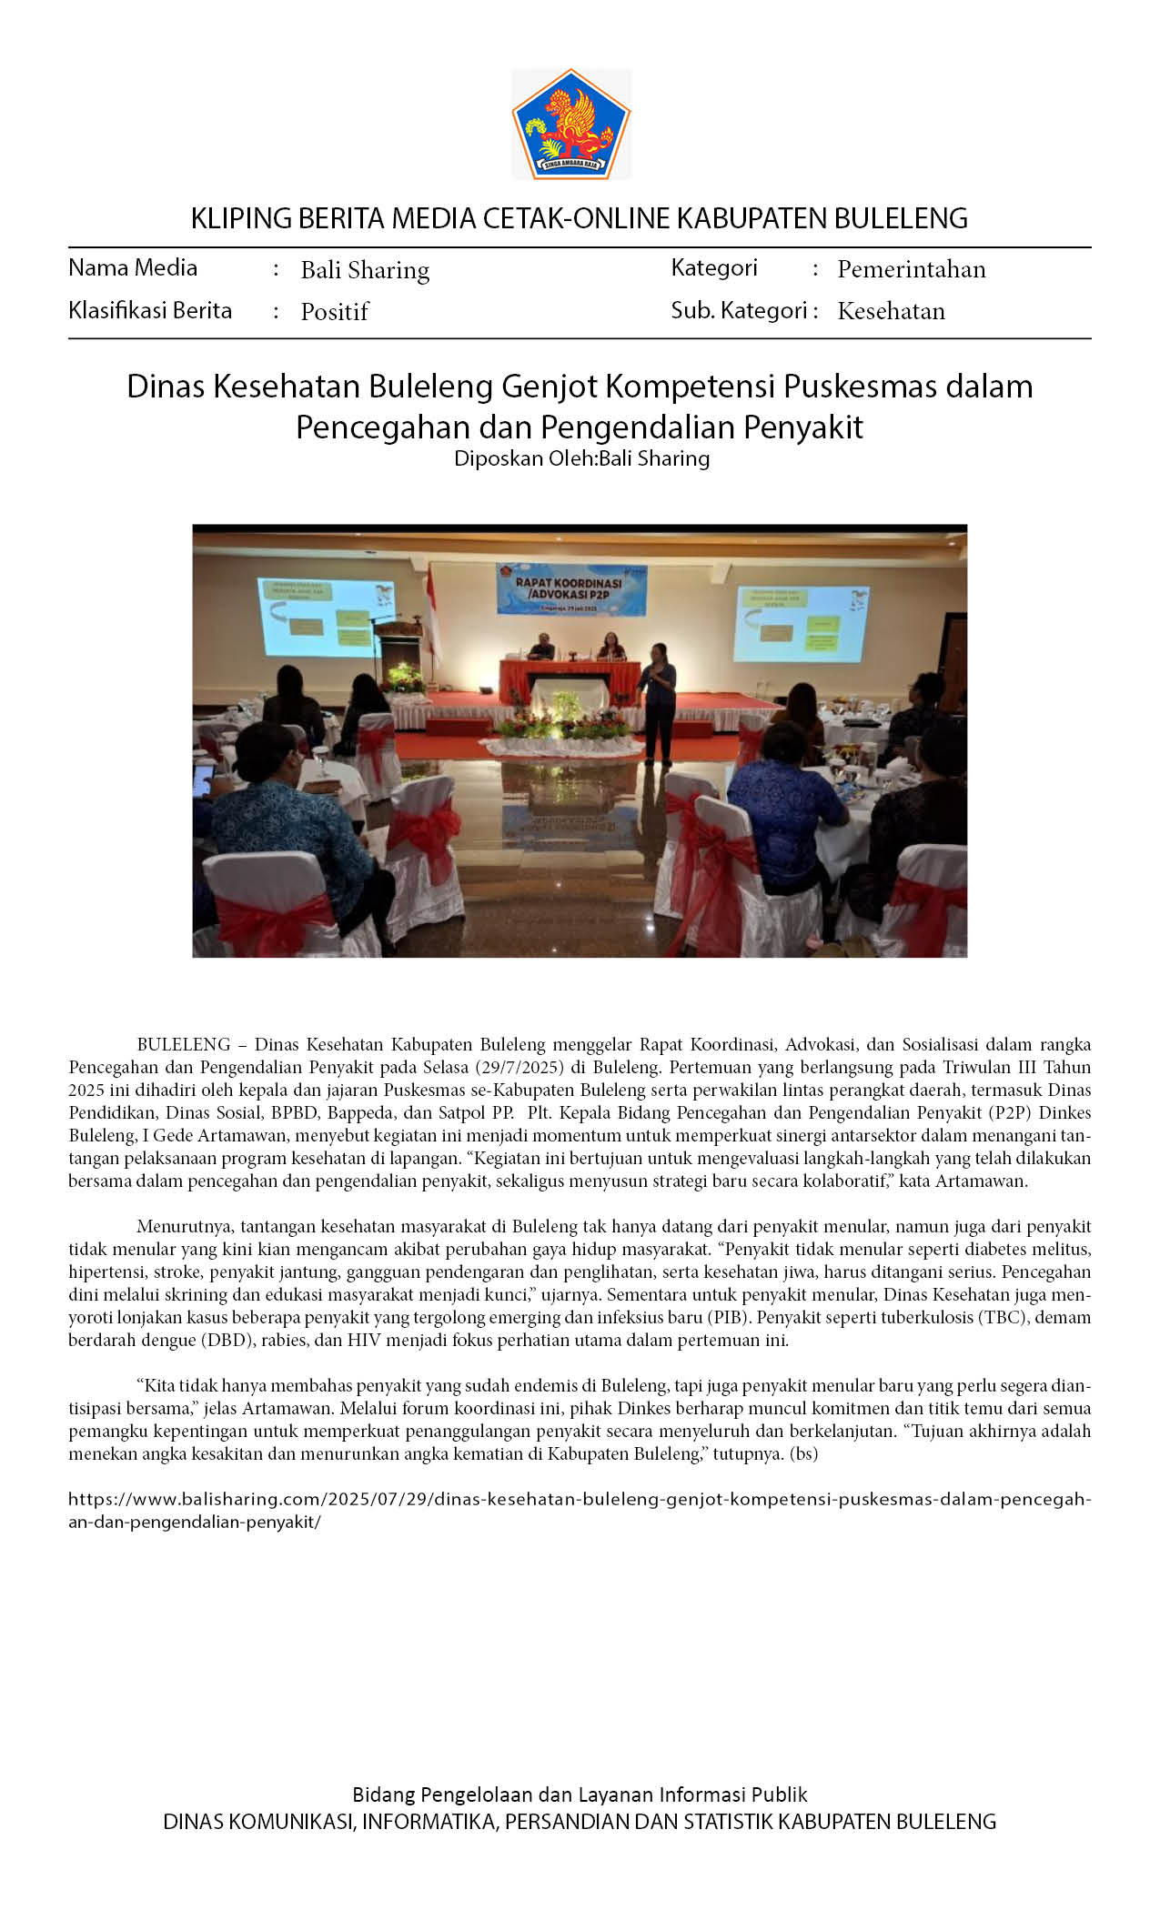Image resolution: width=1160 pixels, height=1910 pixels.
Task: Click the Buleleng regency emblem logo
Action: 571,124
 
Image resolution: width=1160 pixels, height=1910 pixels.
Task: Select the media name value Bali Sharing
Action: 365,270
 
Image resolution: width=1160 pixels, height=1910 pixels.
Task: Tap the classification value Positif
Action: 334,312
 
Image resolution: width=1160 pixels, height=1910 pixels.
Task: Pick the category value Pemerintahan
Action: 911,269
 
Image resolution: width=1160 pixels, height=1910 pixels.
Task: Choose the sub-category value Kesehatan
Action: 891,311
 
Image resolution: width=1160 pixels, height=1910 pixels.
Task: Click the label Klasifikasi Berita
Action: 150,310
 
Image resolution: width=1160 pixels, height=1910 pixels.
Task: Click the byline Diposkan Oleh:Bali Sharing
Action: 581,458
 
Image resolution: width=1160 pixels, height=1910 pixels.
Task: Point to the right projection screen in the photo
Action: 802,623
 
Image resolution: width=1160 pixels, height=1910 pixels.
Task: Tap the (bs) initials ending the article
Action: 804,1453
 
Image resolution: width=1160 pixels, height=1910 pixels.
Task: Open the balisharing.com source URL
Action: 579,1499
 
